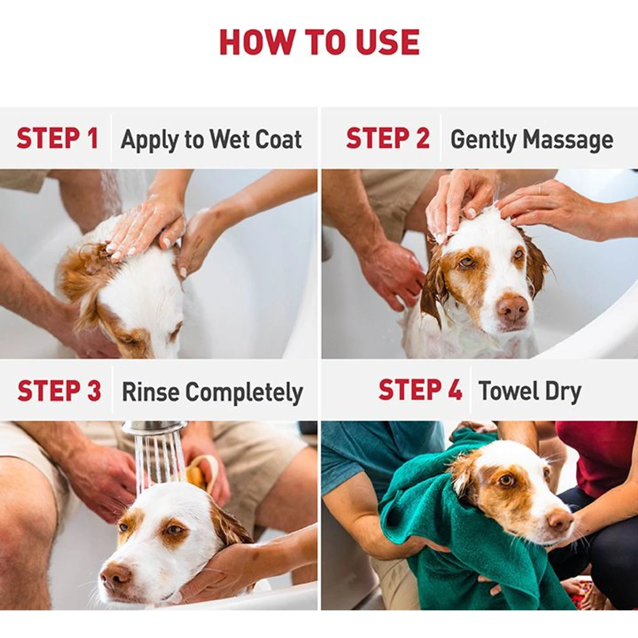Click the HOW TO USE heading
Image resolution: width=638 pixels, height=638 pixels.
[319, 42]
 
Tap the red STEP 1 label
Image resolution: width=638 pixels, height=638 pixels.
[57, 138]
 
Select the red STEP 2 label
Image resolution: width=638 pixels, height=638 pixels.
[387, 138]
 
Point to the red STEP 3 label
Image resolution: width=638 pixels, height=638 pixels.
[59, 390]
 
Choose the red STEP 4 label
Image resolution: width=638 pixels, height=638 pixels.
[420, 390]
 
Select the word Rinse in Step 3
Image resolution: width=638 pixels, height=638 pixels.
[150, 391]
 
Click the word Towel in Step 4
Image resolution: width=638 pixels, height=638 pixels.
[508, 390]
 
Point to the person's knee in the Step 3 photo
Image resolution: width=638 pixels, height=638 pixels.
[26, 502]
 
